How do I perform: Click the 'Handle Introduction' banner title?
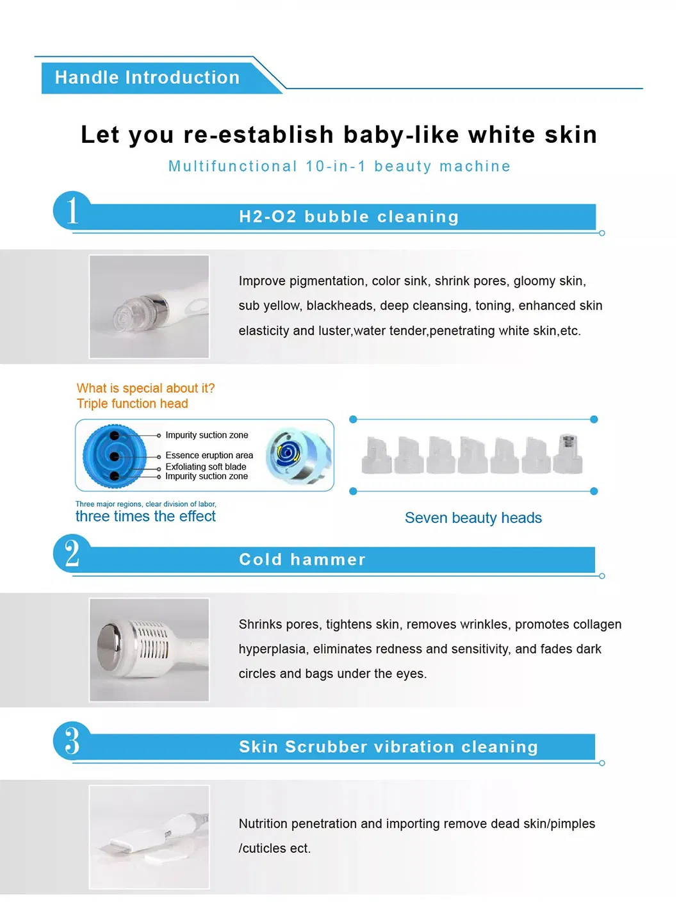(147, 78)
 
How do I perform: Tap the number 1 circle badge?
(72, 210)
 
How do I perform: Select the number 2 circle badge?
(72, 553)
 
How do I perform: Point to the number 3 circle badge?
(72, 741)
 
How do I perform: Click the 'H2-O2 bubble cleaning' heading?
(348, 217)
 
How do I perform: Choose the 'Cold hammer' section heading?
(302, 559)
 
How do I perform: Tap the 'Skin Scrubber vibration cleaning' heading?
(388, 747)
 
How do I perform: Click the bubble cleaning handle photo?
(149, 306)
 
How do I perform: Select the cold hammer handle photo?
(149, 650)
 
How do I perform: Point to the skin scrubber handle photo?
(149, 837)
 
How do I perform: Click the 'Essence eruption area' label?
(209, 455)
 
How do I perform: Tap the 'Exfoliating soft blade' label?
(206, 466)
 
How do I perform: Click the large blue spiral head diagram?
(115, 456)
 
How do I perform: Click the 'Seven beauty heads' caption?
(473, 518)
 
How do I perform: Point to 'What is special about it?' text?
(146, 388)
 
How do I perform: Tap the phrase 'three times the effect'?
(145, 516)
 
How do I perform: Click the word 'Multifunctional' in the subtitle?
(233, 166)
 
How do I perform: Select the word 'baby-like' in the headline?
(401, 135)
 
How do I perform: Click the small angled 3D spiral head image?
(298, 456)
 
